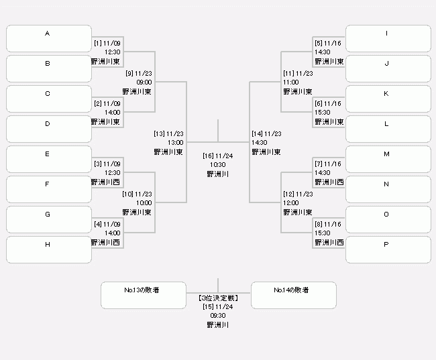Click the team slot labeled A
[49, 39]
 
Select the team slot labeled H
[49, 249]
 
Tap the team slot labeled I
[388, 39]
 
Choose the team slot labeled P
[388, 249]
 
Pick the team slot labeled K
[388, 99]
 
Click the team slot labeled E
[49, 160]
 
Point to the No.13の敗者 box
[144, 295]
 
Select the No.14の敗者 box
[294, 295]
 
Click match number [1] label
[98, 44]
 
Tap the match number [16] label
[208, 156]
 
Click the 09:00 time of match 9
[144, 82]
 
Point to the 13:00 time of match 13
[176, 143]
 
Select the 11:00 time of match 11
[291, 82]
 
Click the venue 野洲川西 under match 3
[105, 182]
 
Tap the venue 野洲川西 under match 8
[329, 243]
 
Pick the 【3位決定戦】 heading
[218, 298]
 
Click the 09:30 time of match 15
[218, 316]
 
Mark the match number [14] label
[257, 133]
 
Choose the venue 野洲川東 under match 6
[329, 122]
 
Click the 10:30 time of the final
[218, 164]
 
